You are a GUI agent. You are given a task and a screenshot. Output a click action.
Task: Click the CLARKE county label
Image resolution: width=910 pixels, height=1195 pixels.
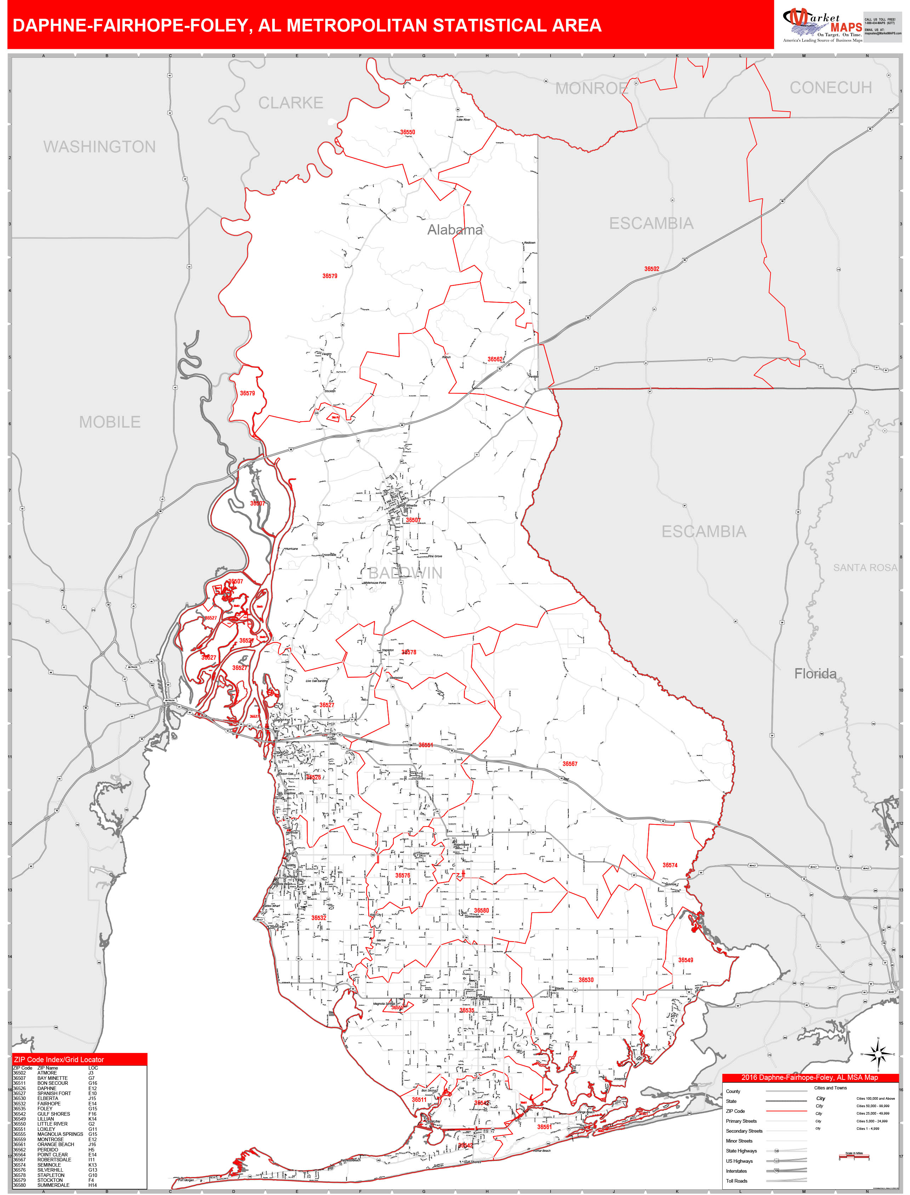290,103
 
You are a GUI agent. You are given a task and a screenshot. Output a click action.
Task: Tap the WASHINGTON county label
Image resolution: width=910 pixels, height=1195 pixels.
99,147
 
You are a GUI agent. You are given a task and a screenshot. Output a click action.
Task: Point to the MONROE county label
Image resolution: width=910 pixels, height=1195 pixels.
591,88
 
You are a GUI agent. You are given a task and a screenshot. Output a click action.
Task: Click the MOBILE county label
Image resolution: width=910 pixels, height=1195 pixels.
110,422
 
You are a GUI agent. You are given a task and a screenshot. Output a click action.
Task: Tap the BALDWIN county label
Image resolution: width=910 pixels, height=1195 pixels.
405,573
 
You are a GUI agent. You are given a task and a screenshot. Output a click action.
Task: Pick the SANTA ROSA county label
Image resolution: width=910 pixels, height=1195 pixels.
865,568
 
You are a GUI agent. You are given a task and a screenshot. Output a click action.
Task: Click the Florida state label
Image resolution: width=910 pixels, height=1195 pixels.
815,673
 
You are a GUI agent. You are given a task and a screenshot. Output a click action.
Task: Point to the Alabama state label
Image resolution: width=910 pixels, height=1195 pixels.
454,230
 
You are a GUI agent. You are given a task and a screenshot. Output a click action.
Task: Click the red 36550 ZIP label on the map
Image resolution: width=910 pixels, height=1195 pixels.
407,132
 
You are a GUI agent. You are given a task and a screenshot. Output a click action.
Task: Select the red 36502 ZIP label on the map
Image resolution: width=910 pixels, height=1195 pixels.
652,269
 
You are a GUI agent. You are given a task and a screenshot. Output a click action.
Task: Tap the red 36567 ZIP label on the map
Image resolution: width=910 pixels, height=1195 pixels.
570,763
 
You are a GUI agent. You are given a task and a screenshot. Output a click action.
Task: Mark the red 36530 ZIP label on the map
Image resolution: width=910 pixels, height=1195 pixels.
586,980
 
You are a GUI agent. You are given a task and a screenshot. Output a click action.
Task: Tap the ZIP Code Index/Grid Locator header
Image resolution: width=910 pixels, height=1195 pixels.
59,1060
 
